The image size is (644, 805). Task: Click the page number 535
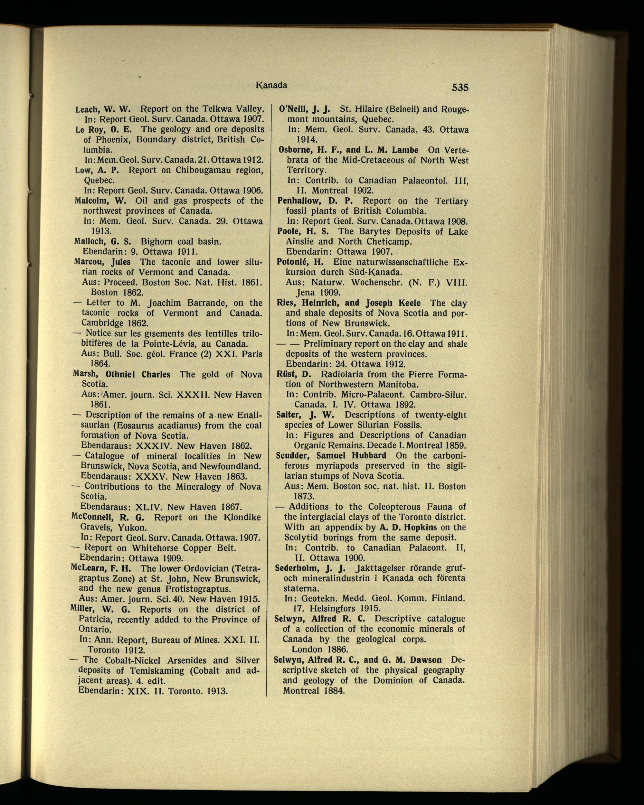click(460, 87)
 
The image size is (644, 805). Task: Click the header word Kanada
click(271, 86)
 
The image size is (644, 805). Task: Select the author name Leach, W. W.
click(103, 109)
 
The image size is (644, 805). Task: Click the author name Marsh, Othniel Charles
click(121, 374)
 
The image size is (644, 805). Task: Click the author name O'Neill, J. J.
click(305, 109)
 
